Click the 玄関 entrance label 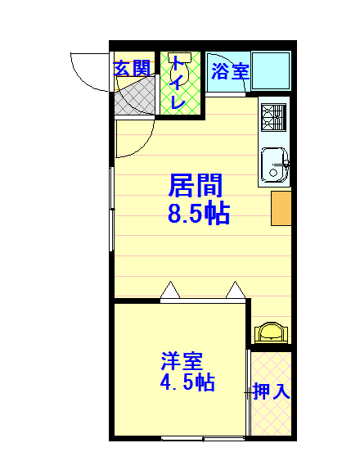tap(133, 68)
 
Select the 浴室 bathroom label tap(230, 71)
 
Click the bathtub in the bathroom tap(271, 71)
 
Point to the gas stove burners tap(273, 118)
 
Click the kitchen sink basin tap(274, 165)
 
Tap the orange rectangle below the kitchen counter tap(281, 208)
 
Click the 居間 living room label tap(196, 185)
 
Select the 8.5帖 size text tap(199, 214)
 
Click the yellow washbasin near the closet tap(272, 332)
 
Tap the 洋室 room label tap(182, 361)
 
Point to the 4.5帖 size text tap(187, 382)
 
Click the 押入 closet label tap(272, 391)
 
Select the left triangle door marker tap(170, 291)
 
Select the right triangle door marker tap(236, 291)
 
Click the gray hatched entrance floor tap(134, 97)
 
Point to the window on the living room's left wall tap(112, 209)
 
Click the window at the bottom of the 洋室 tap(203, 438)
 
